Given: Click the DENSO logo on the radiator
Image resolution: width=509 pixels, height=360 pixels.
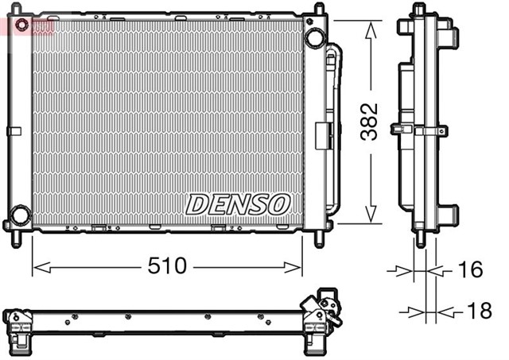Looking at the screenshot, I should point(237,204).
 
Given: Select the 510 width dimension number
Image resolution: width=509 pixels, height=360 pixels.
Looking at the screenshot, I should point(167,266).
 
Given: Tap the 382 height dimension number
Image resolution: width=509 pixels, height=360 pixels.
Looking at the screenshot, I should point(368,122).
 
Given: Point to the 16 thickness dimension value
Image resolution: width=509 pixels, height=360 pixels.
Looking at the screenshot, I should point(470,270).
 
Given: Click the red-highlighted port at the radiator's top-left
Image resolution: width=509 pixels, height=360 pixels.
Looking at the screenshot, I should point(21,25).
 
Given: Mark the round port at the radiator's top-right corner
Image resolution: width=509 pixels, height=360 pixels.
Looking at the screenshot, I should point(315,37).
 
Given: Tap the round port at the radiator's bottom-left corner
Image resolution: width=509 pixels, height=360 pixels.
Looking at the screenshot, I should point(20,215).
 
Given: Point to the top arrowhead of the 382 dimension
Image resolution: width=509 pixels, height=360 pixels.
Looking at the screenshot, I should point(369,27).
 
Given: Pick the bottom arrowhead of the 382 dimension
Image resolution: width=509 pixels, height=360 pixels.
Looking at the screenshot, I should point(369,218).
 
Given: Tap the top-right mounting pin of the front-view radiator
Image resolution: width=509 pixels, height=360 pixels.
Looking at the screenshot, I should point(319,10).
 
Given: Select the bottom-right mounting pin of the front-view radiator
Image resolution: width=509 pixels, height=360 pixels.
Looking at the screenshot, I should point(319,236).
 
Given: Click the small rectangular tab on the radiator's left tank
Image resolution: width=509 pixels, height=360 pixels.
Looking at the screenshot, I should point(12,130).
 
